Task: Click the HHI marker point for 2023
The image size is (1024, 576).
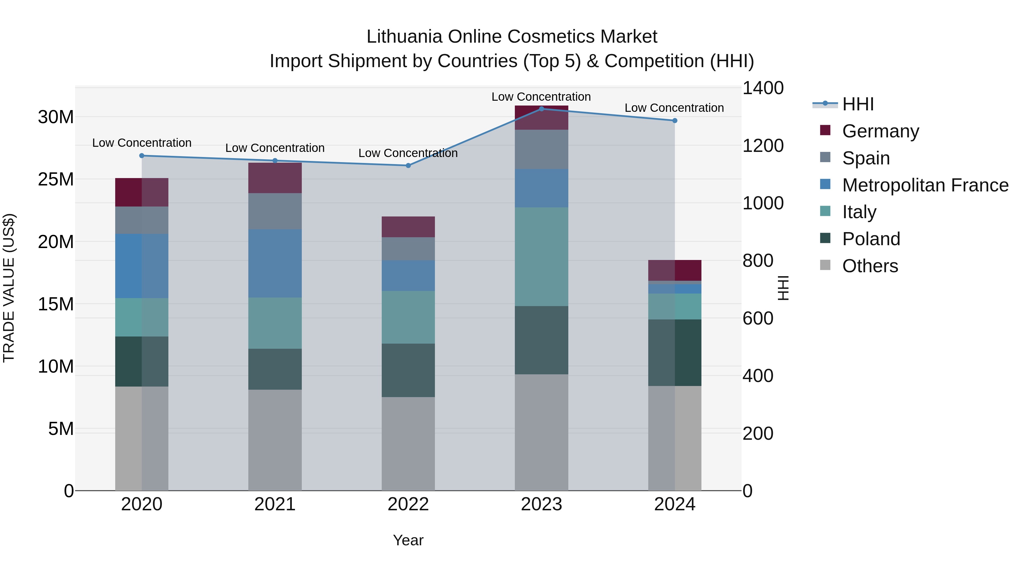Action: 541,109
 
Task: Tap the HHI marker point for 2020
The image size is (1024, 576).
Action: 142,155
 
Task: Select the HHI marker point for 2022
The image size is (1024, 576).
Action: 408,165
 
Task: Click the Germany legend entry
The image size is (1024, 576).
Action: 880,131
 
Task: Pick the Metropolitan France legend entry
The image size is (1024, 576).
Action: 925,185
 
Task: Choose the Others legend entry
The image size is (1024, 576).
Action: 870,266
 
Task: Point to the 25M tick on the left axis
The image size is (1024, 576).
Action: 56,179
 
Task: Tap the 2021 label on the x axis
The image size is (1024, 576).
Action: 275,504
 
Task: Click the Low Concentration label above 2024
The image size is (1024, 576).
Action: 674,108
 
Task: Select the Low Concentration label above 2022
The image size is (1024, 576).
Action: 408,153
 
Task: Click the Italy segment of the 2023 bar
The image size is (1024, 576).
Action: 541,256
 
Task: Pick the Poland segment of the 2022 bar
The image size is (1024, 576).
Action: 408,370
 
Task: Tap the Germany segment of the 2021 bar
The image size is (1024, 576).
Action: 275,178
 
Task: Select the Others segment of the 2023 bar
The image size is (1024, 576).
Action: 541,432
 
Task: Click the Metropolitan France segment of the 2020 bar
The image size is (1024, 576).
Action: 142,266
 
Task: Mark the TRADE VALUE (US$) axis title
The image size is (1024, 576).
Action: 9,288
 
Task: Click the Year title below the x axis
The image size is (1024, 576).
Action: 408,540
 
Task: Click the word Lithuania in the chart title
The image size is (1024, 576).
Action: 404,37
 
